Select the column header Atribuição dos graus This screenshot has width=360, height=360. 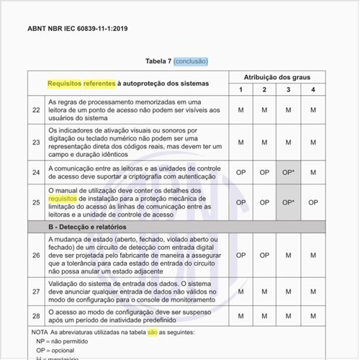(x=276, y=76)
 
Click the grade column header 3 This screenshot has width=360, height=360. (x=288, y=89)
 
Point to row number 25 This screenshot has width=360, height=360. (x=36, y=202)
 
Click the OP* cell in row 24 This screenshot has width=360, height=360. (x=288, y=172)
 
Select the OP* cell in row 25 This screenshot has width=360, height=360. (x=288, y=202)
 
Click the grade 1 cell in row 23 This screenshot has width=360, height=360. (x=240, y=143)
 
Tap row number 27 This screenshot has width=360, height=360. (x=36, y=292)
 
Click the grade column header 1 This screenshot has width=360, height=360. (x=240, y=89)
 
